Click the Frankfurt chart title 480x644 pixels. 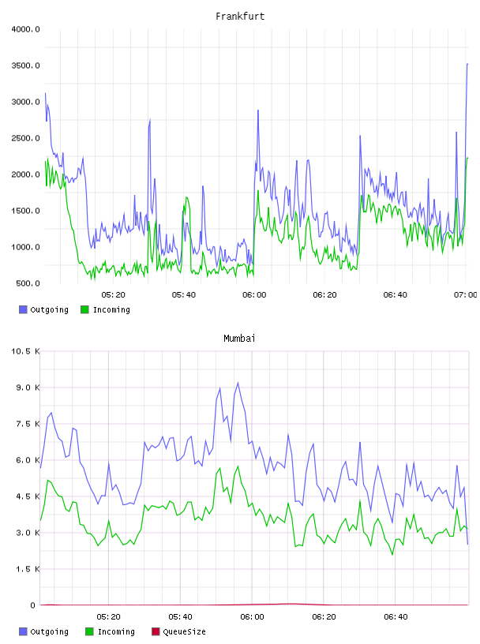click(240, 17)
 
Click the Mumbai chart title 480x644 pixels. click(239, 339)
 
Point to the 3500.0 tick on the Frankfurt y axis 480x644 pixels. click(25, 66)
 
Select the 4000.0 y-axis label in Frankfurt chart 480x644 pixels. click(25, 29)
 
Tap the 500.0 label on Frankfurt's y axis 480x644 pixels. click(28, 283)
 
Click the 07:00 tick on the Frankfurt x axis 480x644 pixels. click(465, 295)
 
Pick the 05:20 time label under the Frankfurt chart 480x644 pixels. click(114, 295)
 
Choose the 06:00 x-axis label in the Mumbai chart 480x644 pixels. click(253, 617)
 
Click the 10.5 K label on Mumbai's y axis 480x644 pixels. click(25, 351)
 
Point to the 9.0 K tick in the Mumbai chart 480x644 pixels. click(28, 388)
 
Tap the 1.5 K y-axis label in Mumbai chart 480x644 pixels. click(28, 569)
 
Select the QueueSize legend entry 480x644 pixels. click(178, 631)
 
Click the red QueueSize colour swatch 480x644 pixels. click(156, 631)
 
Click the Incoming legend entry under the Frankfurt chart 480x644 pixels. click(106, 309)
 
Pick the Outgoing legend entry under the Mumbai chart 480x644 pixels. click(43, 631)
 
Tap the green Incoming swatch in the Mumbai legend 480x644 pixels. click(89, 631)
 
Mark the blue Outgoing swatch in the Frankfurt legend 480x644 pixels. click(23, 309)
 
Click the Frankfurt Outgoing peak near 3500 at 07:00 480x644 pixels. click(467, 64)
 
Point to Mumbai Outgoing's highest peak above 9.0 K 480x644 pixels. click(238, 383)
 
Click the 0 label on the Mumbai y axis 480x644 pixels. click(33, 605)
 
